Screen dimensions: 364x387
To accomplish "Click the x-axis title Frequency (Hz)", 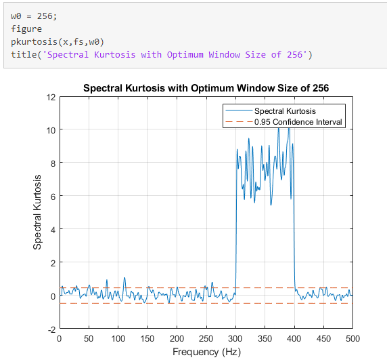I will [206, 352].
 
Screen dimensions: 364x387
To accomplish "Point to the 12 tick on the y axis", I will [51, 96].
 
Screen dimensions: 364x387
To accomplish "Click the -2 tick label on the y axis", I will [51, 329].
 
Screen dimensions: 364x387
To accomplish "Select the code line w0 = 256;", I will [31, 16].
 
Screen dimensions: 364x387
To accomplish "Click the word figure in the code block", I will [26, 29].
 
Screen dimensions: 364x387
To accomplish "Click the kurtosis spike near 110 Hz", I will [124, 279].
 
